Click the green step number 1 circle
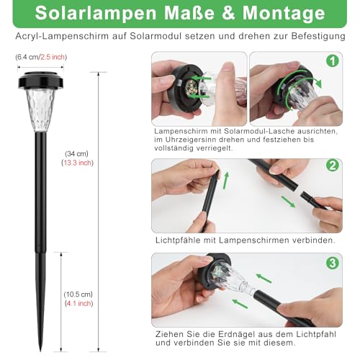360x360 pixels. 332,61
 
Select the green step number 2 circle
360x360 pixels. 332,165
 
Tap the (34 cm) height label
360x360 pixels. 75,153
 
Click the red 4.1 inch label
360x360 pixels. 76,303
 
